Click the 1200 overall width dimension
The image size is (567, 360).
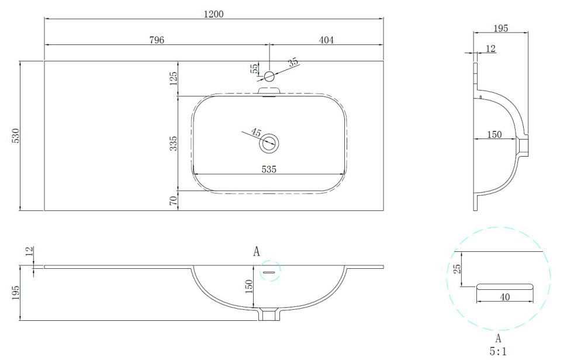click(214, 14)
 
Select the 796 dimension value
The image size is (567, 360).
click(157, 40)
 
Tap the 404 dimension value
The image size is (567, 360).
click(326, 40)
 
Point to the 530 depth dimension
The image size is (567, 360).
click(16, 136)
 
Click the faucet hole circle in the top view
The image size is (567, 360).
click(269, 76)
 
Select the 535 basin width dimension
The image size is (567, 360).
click(269, 169)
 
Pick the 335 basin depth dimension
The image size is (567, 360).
click(174, 143)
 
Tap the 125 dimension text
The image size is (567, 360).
click(174, 78)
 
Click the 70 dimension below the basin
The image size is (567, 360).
click(174, 200)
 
